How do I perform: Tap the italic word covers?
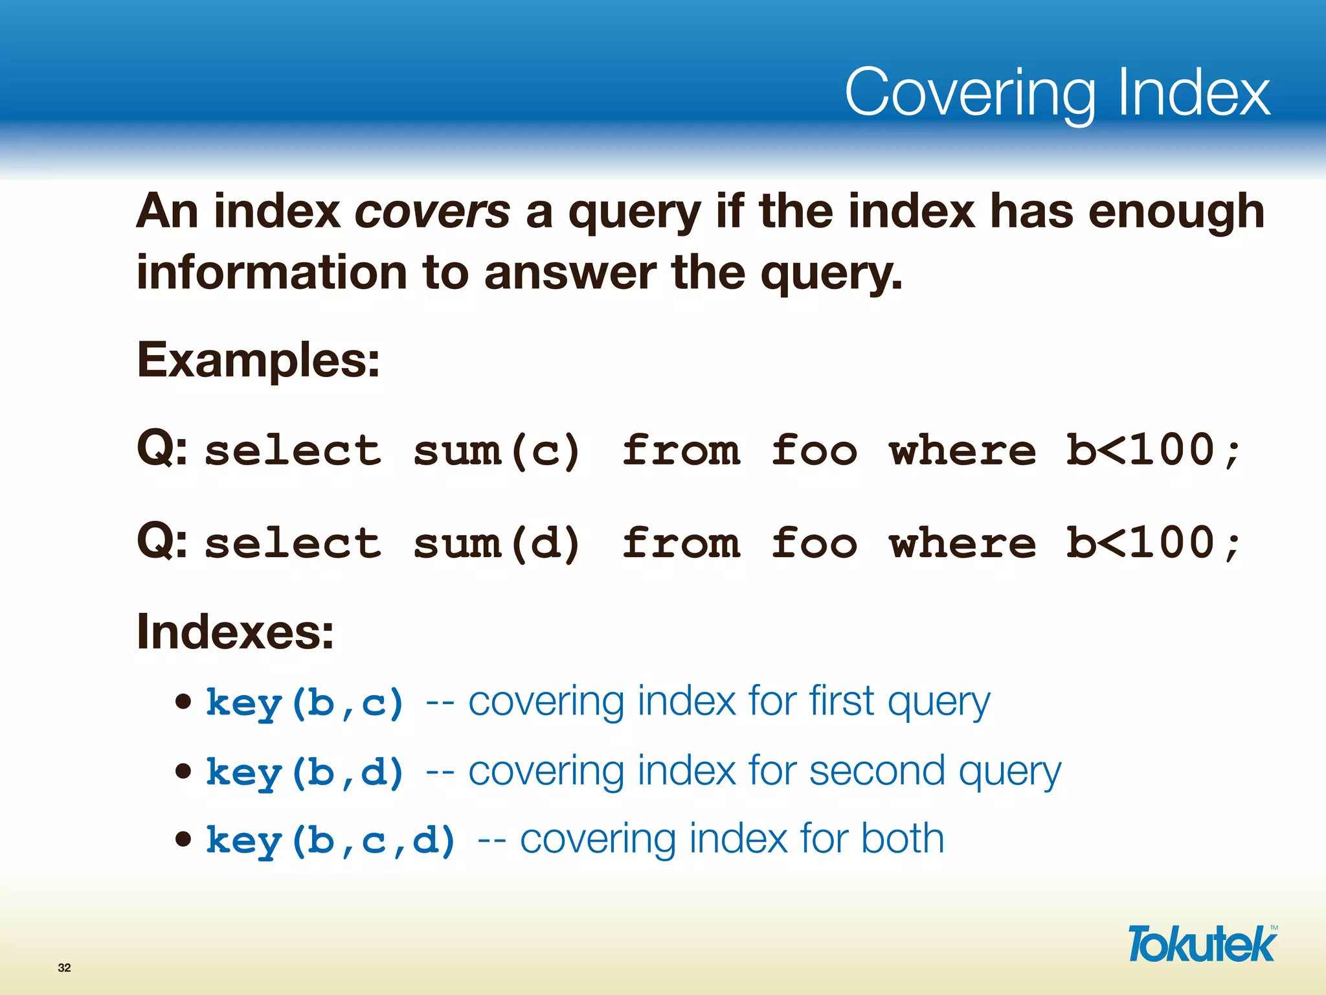click(x=433, y=212)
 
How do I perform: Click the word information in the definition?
click(x=271, y=272)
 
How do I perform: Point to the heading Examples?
click(x=258, y=360)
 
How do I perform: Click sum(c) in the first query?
click(x=497, y=450)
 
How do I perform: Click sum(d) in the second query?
click(x=497, y=543)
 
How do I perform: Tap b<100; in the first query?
click(x=1153, y=450)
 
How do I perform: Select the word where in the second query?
click(x=963, y=543)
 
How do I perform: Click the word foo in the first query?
click(x=815, y=450)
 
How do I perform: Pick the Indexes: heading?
click(x=235, y=632)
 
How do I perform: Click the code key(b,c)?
click(x=305, y=703)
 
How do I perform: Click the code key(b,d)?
click(x=305, y=772)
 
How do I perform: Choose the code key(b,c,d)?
click(x=331, y=841)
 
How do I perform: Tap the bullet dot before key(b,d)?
click(x=184, y=771)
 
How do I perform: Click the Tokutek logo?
click(x=1202, y=944)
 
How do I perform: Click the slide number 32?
click(x=64, y=968)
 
